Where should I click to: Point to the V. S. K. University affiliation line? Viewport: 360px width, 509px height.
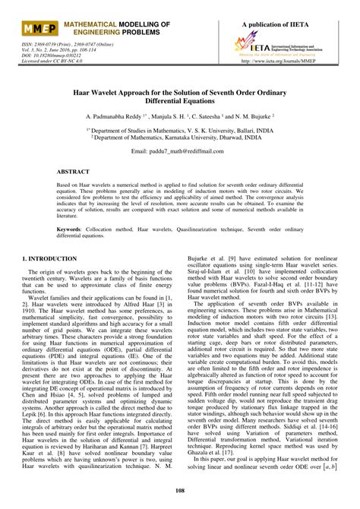pos(179,130)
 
